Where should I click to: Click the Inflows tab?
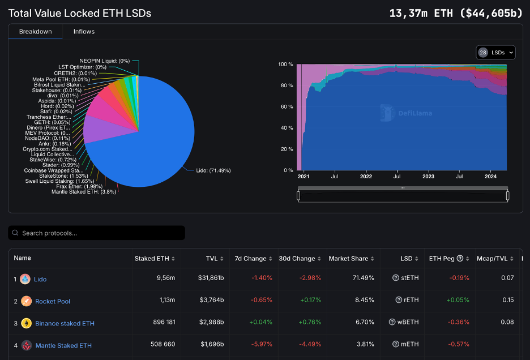[x=84, y=32]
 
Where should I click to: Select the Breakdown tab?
[x=35, y=32]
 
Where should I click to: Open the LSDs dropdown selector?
[x=496, y=53]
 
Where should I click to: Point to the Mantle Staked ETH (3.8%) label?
[x=84, y=192]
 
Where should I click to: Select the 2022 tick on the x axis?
[x=366, y=176]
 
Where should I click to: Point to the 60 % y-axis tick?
[x=287, y=106]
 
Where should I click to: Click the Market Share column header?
[x=348, y=259]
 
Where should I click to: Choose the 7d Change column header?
[x=250, y=259]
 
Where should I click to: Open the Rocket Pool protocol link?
[x=53, y=301]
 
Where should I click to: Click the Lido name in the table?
[x=40, y=279]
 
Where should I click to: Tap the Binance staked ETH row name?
[x=65, y=323]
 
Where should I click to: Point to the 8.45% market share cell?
[x=364, y=301]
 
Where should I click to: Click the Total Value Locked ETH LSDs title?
[x=80, y=13]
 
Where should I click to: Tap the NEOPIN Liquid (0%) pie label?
[x=105, y=61]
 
